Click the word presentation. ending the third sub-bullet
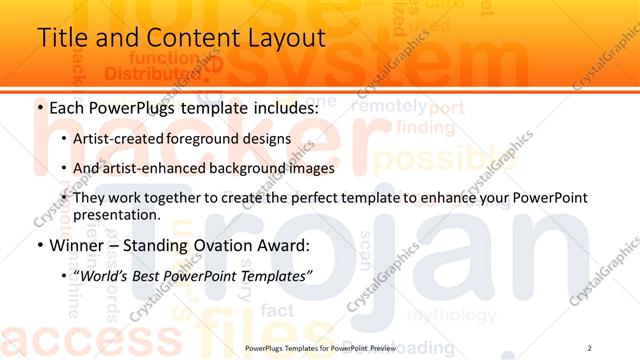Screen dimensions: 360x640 116,215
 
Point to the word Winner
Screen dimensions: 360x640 77,244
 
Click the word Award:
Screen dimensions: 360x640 288,244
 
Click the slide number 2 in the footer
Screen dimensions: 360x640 590,346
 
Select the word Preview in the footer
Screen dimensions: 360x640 380,347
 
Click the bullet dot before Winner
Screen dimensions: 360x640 39,245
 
